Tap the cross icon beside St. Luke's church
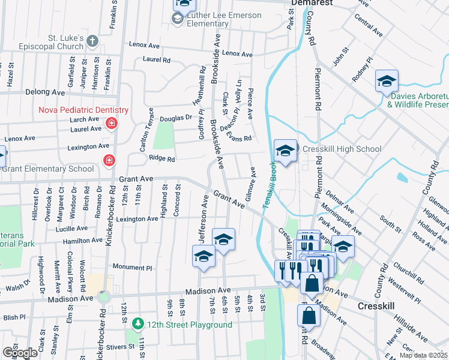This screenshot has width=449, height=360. pyautogui.click(x=92, y=41)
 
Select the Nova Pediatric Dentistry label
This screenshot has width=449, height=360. pyautogui.click(x=83, y=110)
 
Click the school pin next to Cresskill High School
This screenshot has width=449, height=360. pyautogui.click(x=285, y=151)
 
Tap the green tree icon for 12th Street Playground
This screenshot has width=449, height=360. pyautogui.click(x=138, y=325)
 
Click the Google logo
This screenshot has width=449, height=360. pyautogui.click(x=20, y=353)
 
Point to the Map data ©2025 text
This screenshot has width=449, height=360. pyautogui.click(x=423, y=355)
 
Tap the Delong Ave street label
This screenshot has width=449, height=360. pyautogui.click(x=45, y=92)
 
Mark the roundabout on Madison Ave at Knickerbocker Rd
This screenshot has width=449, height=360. pyautogui.click(x=104, y=296)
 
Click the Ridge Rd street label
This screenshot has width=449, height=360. pyautogui.click(x=161, y=159)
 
